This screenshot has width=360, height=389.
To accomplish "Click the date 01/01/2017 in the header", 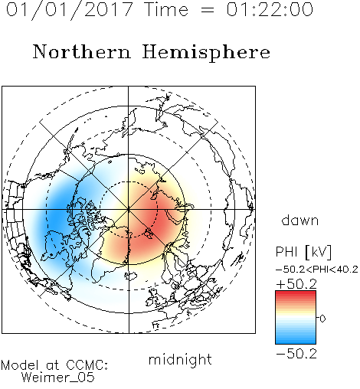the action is pos(69,9).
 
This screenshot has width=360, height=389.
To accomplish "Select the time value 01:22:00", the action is pos(270,9).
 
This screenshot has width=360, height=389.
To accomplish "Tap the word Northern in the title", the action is pos(82,51).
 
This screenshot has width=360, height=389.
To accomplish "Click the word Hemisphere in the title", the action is pos(206,53).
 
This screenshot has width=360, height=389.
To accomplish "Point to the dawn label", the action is pos(300,221).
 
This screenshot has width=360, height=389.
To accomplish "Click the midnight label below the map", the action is pos(180,360).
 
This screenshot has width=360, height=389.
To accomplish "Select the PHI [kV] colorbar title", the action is pos(303,252).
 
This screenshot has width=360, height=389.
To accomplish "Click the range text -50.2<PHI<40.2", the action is pos(317,270).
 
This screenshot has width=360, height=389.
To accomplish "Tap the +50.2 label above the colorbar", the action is pos(296,284).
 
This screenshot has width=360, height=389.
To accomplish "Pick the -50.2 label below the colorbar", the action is pos(296,354).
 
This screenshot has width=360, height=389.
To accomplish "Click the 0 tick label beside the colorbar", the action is pos(322,319).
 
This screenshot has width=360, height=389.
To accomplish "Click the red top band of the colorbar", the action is pos(296,294).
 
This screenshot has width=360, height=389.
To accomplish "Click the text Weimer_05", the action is pos(57,378).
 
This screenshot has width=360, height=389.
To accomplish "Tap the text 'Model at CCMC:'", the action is pos(54,365).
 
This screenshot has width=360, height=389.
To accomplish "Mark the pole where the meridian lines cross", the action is pos(128,209).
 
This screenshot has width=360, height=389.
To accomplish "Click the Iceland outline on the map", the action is pos(130,276).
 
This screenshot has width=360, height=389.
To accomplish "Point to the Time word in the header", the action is pos(166,9).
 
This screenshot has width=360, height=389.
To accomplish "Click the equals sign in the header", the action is pos(207,10).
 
